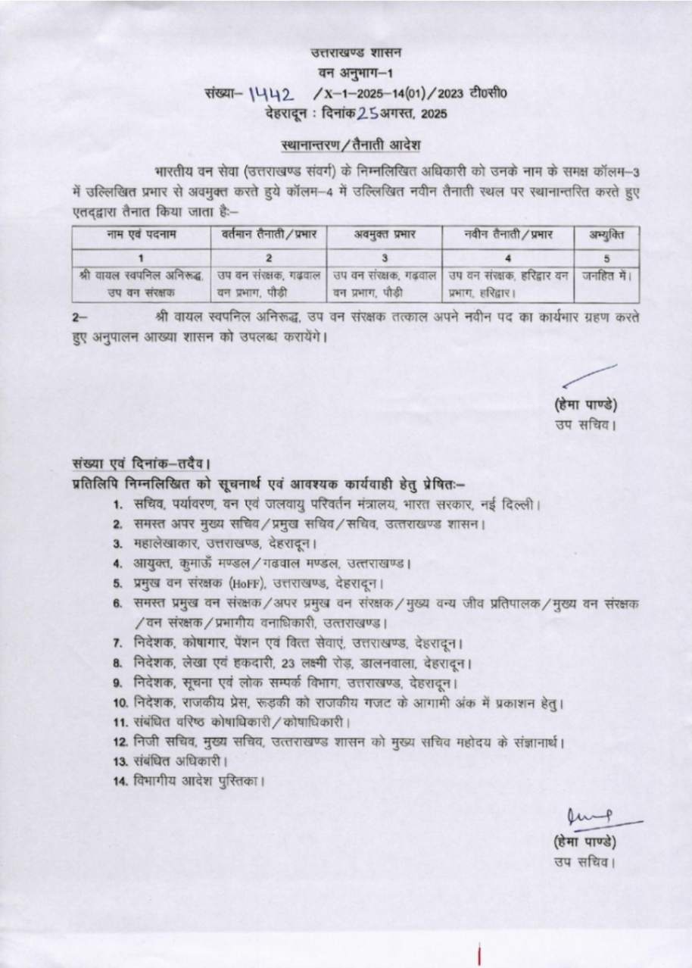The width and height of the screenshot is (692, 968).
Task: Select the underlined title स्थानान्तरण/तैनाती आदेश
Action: pyautogui.click(x=346, y=144)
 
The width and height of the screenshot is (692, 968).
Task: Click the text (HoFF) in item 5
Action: pyautogui.click(x=247, y=584)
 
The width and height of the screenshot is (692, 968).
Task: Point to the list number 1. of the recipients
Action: pyautogui.click(x=119, y=504)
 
